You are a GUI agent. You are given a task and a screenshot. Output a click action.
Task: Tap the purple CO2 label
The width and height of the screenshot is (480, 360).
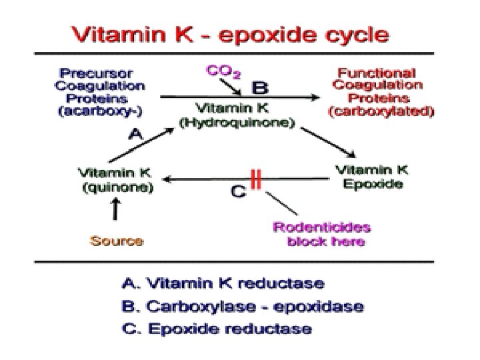pos(223,70)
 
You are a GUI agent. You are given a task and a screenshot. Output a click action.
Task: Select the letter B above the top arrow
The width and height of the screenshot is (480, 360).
pos(259,87)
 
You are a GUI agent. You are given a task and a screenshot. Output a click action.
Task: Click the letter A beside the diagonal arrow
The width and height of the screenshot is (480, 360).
pos(136,133)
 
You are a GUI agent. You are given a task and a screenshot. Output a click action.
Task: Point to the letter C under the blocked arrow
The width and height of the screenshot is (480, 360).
pos(237,191)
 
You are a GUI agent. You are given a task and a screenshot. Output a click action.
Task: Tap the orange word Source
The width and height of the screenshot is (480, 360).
pos(117,239)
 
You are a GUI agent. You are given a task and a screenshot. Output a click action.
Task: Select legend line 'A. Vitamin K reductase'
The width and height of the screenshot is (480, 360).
pos(223,284)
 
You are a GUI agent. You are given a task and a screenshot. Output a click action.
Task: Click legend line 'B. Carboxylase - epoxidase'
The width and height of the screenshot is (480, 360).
pos(243,307)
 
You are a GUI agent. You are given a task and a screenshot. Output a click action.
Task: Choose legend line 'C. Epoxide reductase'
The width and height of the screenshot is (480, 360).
pos(216,328)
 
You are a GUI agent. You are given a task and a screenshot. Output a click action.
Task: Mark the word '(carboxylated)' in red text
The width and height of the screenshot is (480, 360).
pos(381,112)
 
